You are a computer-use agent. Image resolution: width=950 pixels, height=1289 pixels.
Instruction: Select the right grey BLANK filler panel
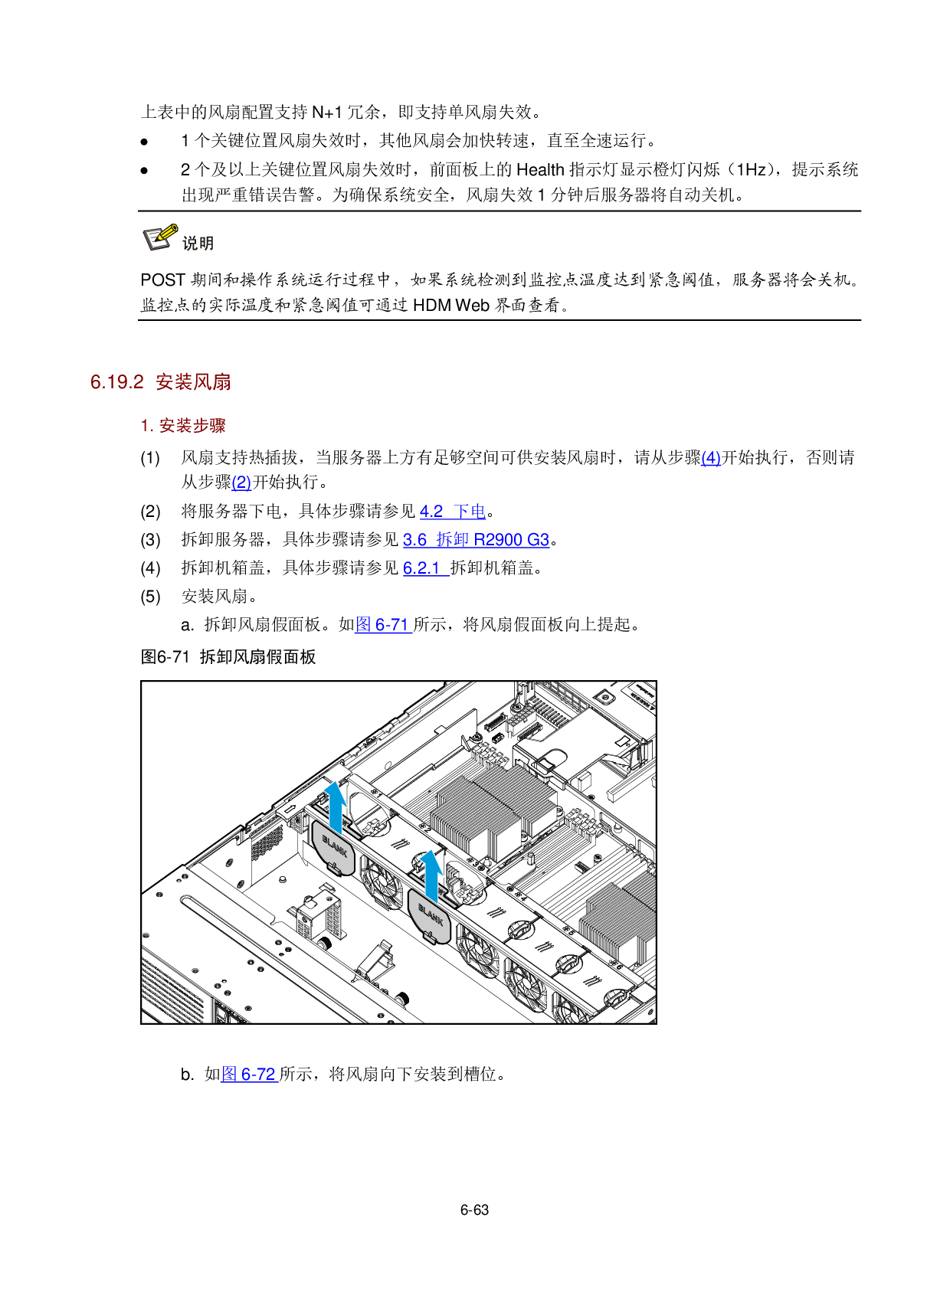[430, 915]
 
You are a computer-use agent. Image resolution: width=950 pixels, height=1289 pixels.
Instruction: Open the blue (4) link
[710, 458]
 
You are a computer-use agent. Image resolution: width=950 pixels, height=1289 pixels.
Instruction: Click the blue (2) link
[241, 483]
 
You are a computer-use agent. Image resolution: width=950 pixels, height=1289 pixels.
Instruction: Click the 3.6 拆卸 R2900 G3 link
[476, 540]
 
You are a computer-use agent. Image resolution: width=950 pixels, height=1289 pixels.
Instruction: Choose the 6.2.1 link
[425, 568]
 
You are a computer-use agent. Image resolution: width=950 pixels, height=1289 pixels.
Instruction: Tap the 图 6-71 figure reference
[383, 625]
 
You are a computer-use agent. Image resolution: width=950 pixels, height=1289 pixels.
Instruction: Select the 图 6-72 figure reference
[249, 1075]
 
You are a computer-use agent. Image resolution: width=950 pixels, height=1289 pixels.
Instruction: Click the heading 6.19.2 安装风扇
[161, 382]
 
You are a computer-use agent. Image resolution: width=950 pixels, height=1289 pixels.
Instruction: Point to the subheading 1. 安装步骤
[183, 426]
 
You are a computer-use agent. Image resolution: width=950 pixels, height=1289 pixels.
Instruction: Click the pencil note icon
[161, 237]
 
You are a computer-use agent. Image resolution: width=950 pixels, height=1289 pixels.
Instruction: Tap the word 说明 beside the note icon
[198, 244]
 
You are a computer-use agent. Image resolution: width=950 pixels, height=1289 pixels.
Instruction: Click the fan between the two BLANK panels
[382, 881]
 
